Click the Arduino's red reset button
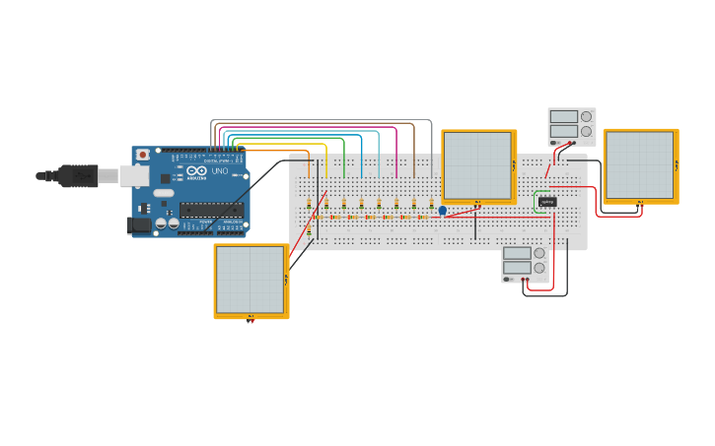pyautogui.click(x=143, y=155)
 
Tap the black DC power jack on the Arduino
pyautogui.click(x=139, y=225)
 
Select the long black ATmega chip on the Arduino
pyautogui.click(x=210, y=209)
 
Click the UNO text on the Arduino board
pyautogui.click(x=220, y=171)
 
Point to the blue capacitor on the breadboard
pyautogui.click(x=442, y=210)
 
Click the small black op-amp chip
pyautogui.click(x=547, y=202)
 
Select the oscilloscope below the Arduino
pyautogui.click(x=251, y=281)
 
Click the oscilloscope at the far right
pyautogui.click(x=640, y=165)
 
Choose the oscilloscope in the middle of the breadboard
pyautogui.click(x=477, y=165)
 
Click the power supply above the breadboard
pyautogui.click(x=572, y=126)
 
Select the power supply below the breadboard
pyautogui.click(x=525, y=264)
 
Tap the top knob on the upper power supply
pyautogui.click(x=587, y=116)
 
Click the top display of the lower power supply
pyautogui.click(x=517, y=253)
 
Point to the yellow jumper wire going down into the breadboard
pyautogui.click(x=325, y=162)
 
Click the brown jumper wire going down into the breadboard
pyautogui.click(x=414, y=158)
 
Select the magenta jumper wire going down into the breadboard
pyautogui.click(x=396, y=158)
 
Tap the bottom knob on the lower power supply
pyautogui.click(x=539, y=268)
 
